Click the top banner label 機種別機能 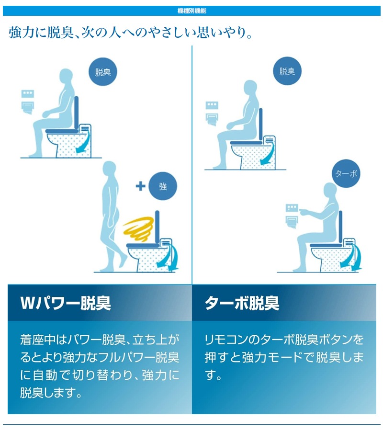click(x=192, y=11)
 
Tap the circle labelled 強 click(x=163, y=186)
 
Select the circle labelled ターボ click(x=346, y=173)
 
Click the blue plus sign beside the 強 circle click(x=140, y=186)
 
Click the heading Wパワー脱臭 click(x=66, y=303)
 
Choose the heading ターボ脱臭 click(x=242, y=303)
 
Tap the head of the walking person click(x=109, y=169)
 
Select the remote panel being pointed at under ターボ click(x=292, y=207)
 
